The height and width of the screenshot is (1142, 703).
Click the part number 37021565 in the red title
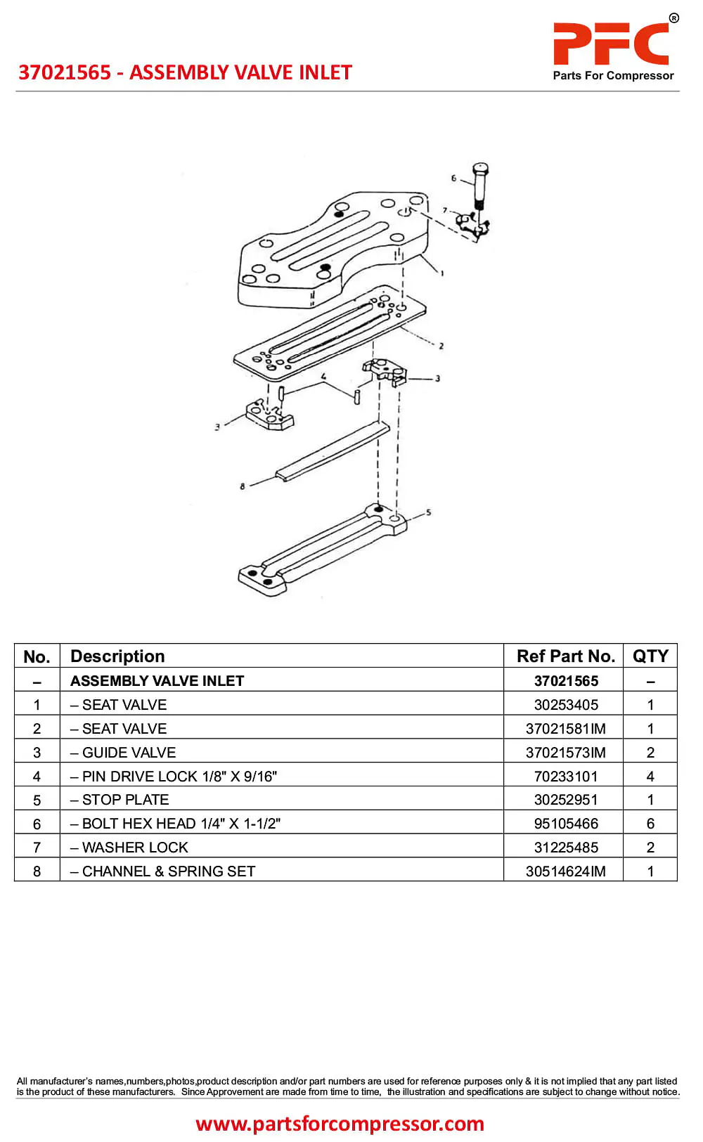click(65, 72)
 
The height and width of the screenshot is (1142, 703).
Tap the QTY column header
click(650, 656)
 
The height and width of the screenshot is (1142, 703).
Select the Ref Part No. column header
click(565, 656)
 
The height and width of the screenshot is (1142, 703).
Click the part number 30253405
click(566, 705)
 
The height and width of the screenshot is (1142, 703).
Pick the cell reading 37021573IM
click(566, 753)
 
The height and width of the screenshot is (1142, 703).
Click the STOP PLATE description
click(125, 800)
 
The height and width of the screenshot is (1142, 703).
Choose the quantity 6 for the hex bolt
click(650, 824)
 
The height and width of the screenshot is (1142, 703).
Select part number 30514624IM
click(566, 871)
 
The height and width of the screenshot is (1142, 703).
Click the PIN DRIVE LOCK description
click(179, 777)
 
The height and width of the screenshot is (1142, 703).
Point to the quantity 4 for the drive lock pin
click(650, 777)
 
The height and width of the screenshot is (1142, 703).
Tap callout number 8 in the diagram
click(243, 486)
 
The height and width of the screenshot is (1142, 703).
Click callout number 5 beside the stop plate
click(429, 512)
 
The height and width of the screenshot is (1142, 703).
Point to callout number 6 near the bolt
click(453, 179)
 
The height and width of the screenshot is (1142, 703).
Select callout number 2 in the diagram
click(441, 346)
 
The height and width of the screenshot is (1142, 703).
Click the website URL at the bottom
click(340, 1124)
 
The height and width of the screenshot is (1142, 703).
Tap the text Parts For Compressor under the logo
click(613, 76)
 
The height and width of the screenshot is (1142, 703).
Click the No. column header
click(37, 657)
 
